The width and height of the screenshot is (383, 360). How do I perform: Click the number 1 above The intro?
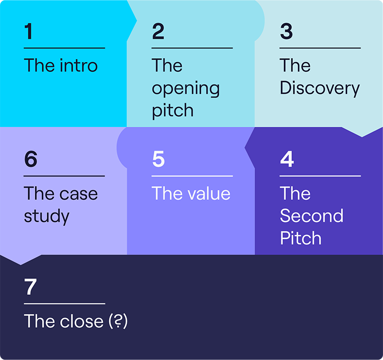tap(29, 31)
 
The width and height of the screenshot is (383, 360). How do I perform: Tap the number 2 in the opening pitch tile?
tap(158, 31)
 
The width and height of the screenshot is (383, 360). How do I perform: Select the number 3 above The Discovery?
tap(287, 31)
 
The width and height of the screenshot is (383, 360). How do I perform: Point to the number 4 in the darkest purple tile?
tap(287, 159)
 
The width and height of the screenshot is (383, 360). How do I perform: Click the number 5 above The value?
tap(158, 159)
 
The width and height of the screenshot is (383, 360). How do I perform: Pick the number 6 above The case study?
tap(31, 159)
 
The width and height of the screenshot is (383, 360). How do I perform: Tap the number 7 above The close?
tap(30, 287)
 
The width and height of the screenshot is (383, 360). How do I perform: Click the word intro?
tap(79, 65)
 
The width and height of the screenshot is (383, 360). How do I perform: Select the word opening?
tap(186, 89)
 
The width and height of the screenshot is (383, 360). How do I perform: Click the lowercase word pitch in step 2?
tap(173, 111)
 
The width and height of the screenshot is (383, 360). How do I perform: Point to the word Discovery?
tap(320, 89)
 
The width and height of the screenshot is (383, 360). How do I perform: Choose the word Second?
tap(312, 216)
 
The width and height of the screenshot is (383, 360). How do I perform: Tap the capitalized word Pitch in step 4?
tap(301, 238)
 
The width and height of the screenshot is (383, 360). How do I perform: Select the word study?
tap(47, 217)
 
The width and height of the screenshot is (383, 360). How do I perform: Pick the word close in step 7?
tap(82, 321)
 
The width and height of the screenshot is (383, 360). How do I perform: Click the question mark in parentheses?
tap(118, 321)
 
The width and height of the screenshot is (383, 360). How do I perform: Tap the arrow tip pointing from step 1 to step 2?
tap(137, 21)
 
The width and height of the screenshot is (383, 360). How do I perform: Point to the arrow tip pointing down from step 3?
tap(362, 137)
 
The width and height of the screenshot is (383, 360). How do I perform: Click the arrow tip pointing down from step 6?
tap(20, 265)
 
